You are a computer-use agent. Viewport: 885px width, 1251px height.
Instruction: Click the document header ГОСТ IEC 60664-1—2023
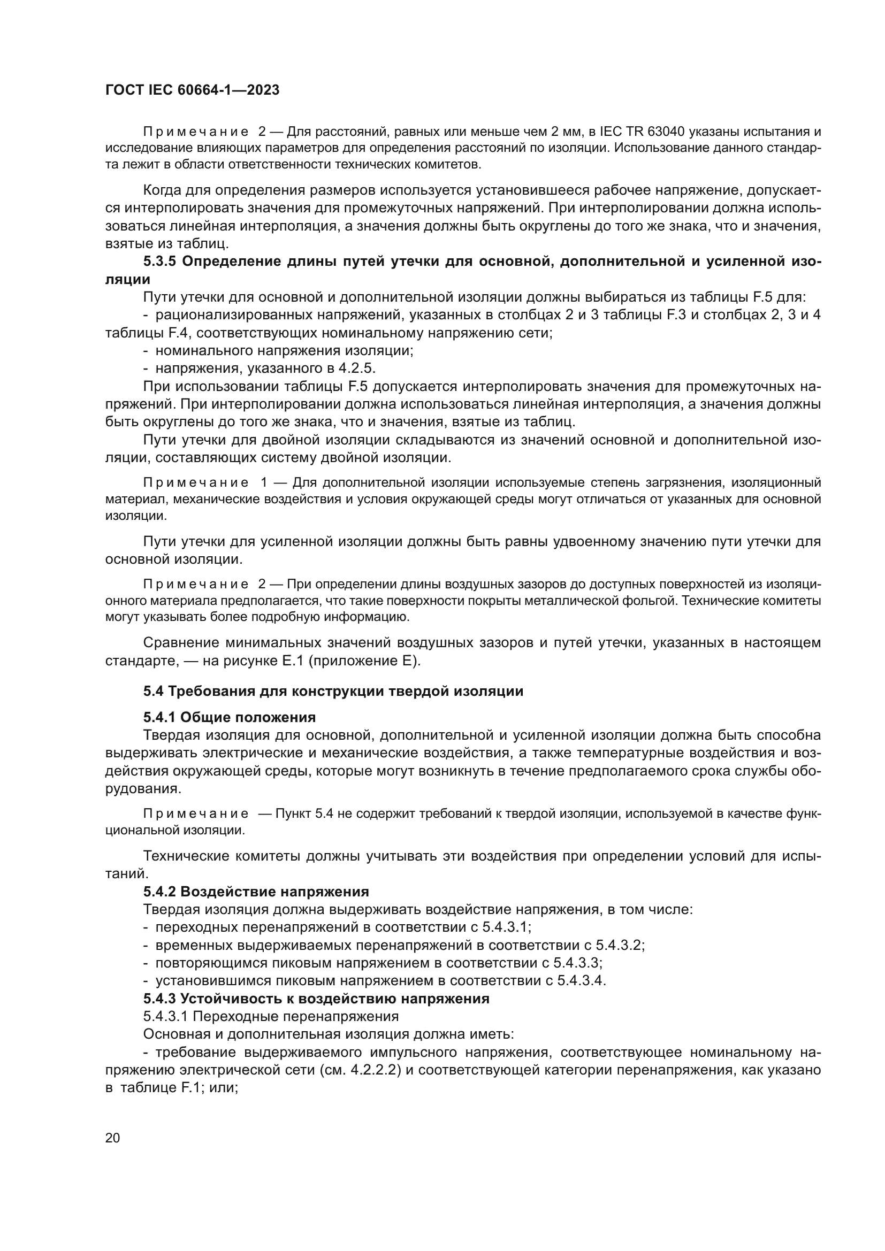(x=192, y=90)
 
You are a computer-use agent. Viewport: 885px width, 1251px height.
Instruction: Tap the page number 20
(x=112, y=1138)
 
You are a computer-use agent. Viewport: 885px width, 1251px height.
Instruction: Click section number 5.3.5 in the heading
(x=159, y=262)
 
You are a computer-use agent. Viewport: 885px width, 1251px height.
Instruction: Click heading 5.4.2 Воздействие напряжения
(x=256, y=892)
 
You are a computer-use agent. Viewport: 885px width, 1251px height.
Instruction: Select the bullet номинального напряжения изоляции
(x=284, y=350)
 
